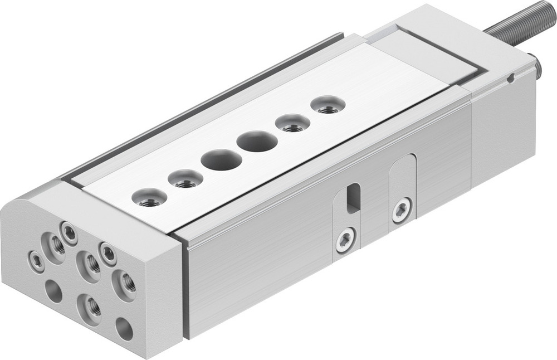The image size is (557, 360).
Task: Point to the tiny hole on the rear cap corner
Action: pyautogui.click(x=510, y=79)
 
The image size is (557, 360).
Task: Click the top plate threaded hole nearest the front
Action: pyautogui.click(x=149, y=198)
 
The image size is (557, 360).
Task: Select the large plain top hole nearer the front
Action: pyautogui.click(x=221, y=159)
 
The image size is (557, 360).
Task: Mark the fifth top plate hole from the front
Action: pyautogui.click(x=292, y=123)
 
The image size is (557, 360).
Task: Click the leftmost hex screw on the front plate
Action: pyautogui.click(x=36, y=261)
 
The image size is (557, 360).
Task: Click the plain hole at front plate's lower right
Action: pyautogui.click(x=124, y=329)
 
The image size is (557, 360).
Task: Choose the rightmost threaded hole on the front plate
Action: pyautogui.click(x=125, y=283)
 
